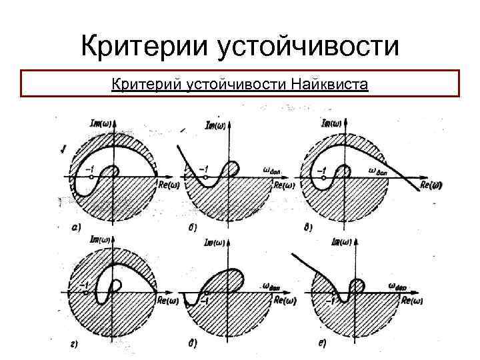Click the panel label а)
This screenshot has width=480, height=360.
76,227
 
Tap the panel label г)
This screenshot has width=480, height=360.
75,344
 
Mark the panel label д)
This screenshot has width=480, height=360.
192,344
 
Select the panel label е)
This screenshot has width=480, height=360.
321,344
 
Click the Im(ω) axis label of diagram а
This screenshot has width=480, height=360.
102,123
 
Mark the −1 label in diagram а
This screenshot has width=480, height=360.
91,169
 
